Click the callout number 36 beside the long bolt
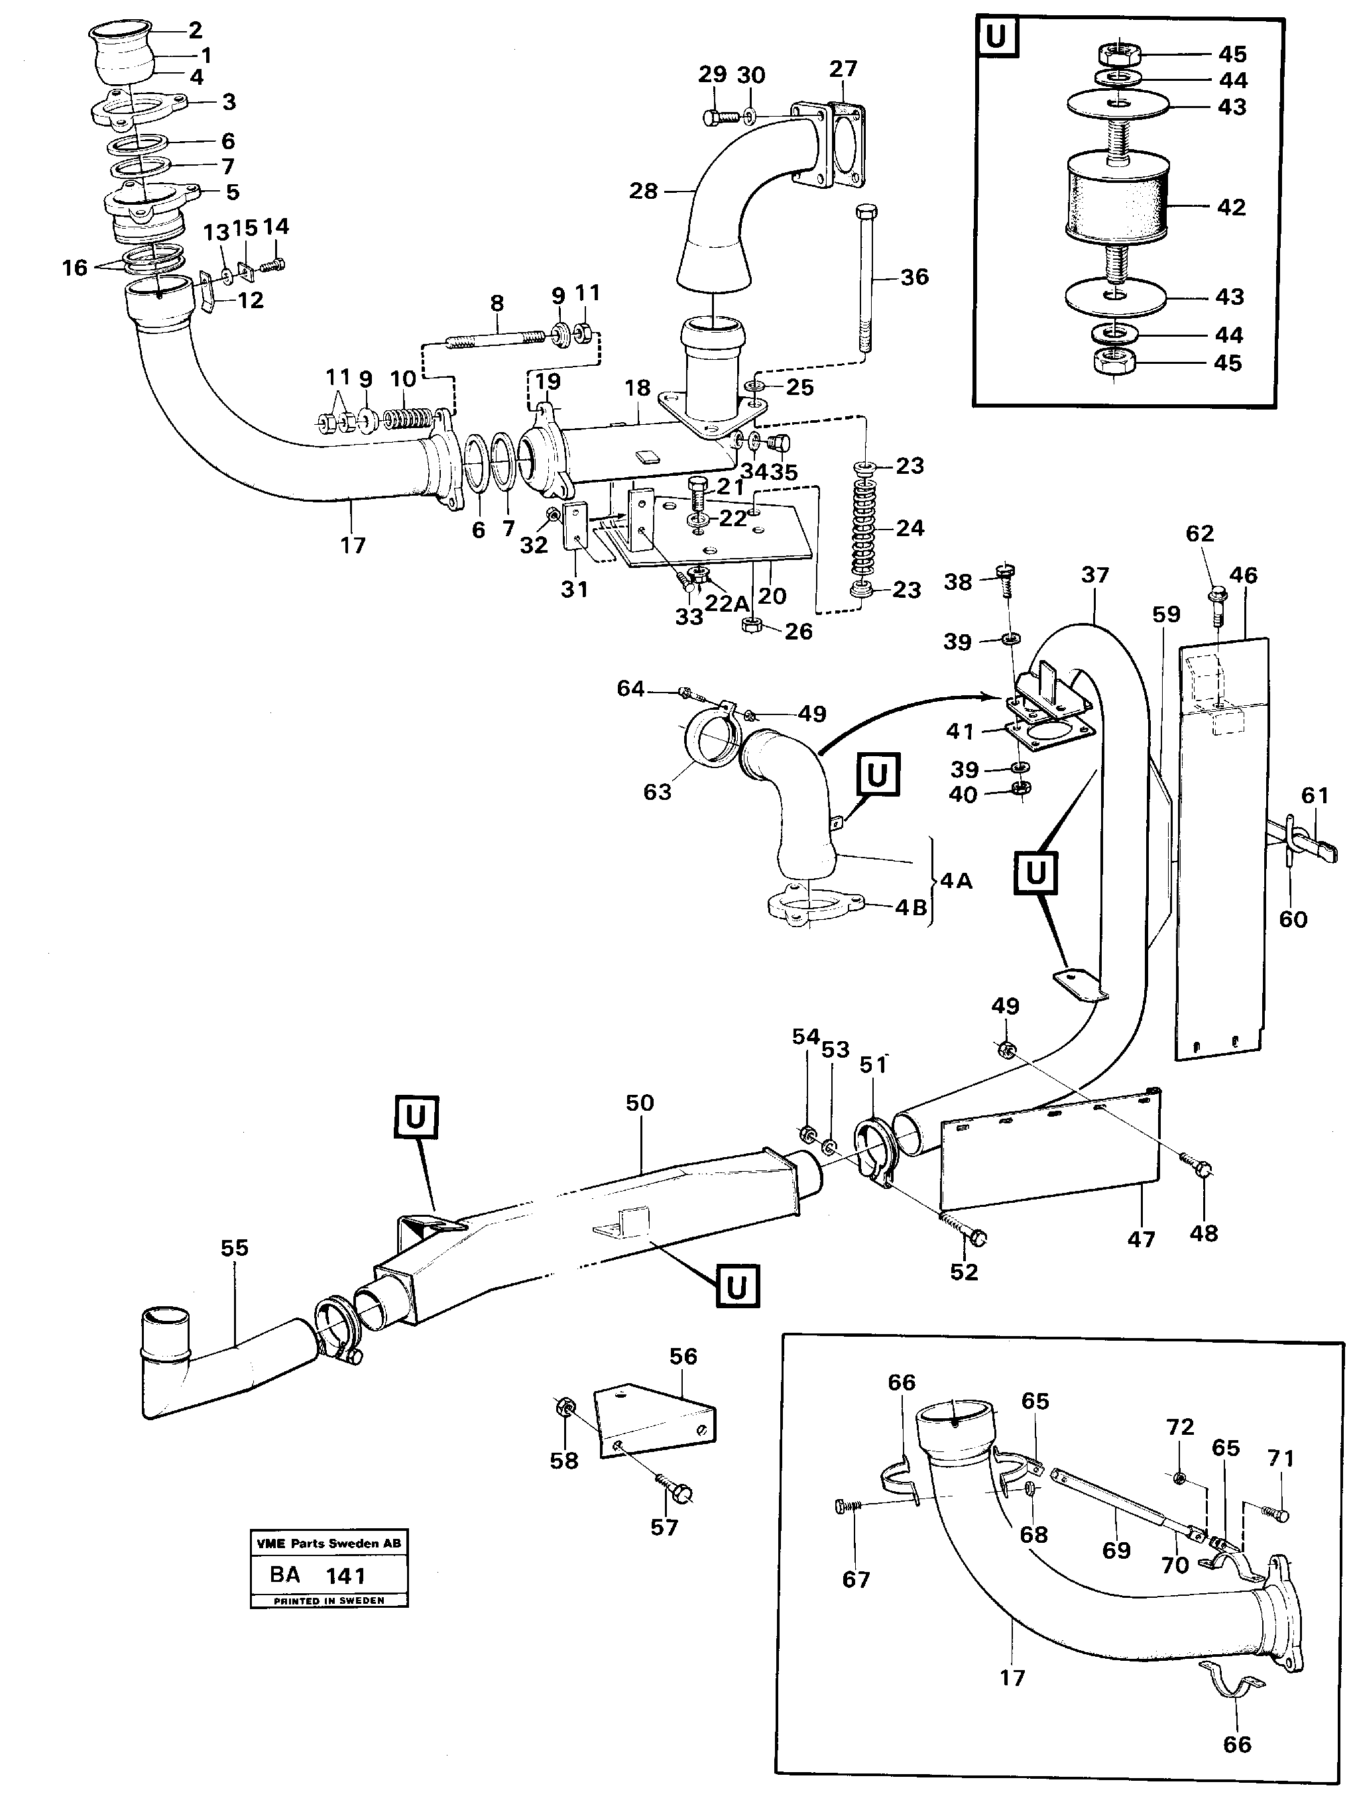tap(914, 277)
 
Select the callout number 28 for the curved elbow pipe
tap(643, 192)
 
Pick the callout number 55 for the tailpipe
tap(234, 1247)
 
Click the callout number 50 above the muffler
tap(639, 1103)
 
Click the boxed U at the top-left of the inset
tap(996, 37)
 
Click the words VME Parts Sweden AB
tap(328, 1543)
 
